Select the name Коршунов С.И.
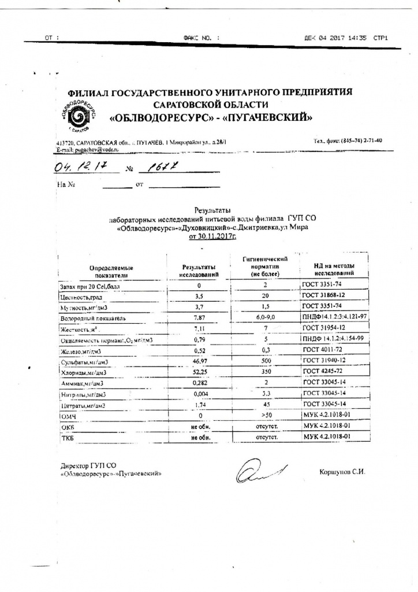coord(342,472)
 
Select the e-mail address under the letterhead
coord(87,149)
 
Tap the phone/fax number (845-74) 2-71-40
coord(348,140)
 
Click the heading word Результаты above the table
coord(213,211)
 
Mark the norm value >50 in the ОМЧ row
coord(266,416)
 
